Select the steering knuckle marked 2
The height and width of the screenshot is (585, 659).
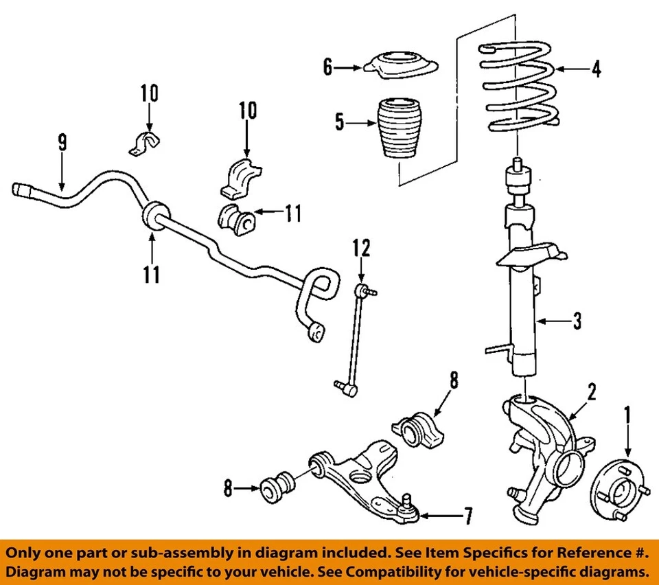click(x=542, y=446)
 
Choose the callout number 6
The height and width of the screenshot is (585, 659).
click(x=328, y=67)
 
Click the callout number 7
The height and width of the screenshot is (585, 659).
click(x=467, y=516)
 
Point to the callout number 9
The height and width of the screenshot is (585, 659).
click(x=62, y=142)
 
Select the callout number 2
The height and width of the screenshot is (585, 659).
click(x=592, y=392)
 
